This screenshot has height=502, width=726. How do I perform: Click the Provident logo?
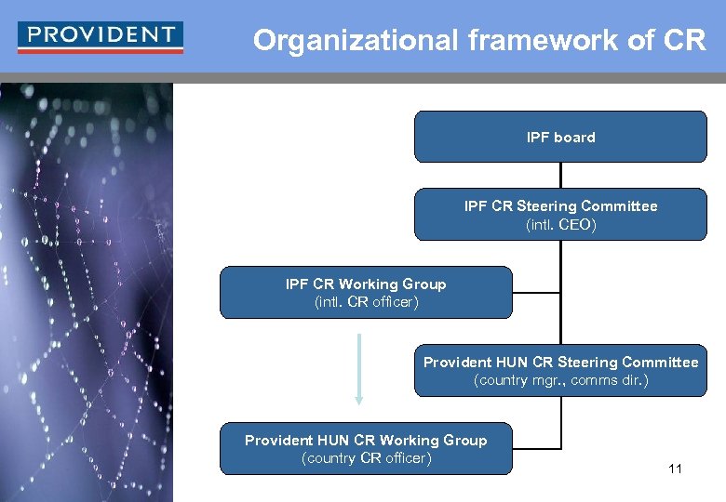click(101, 36)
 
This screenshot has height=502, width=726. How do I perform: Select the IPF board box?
click(560, 137)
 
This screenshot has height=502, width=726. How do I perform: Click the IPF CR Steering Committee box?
click(560, 215)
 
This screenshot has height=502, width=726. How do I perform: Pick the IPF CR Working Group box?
click(366, 292)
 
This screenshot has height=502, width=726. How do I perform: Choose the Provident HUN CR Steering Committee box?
click(560, 370)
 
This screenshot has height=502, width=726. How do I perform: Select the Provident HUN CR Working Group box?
click(366, 448)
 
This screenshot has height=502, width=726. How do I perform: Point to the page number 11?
click(675, 469)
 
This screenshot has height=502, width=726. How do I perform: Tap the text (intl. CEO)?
click(560, 224)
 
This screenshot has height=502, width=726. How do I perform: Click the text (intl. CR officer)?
click(366, 301)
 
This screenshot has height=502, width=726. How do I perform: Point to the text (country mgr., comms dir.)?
click(560, 379)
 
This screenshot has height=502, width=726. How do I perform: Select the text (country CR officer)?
click(366, 457)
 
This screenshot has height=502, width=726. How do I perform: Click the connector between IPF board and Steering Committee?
click(560, 176)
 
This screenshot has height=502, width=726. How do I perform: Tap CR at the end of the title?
click(686, 41)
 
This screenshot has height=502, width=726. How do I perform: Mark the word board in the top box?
click(574, 137)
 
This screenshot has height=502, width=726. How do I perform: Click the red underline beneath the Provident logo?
click(101, 51)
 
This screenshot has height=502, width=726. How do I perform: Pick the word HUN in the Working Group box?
click(333, 440)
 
